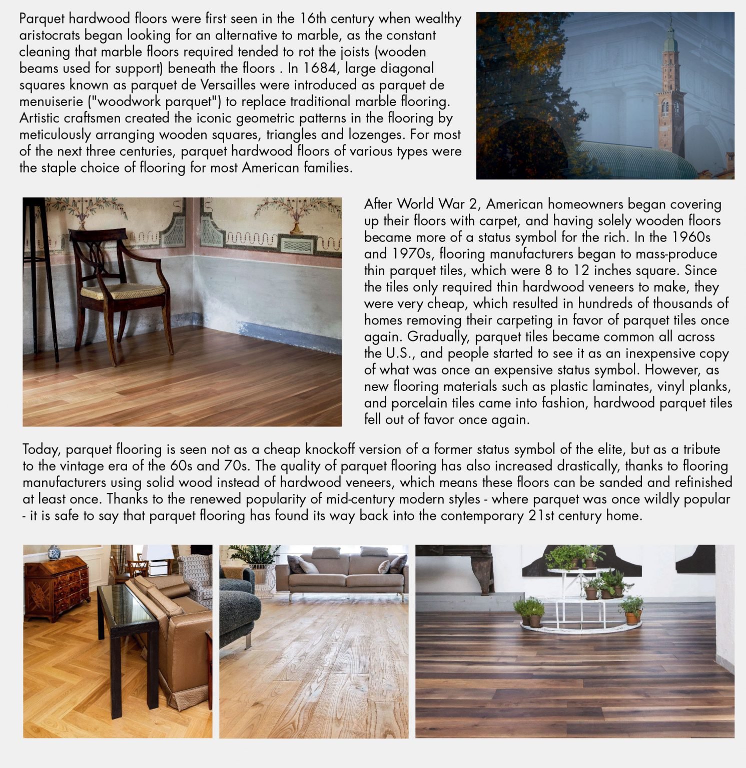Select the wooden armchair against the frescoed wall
120,290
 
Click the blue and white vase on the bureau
54,552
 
